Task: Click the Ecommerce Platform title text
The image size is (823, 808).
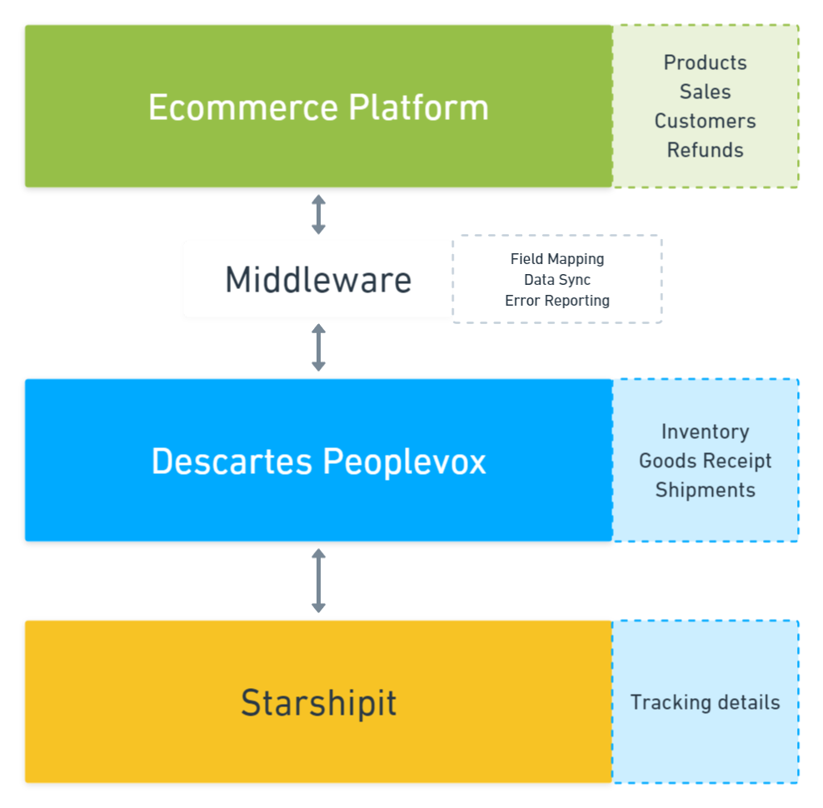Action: [318, 107]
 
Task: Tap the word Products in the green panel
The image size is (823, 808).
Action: [705, 62]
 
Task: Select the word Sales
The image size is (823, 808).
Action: [705, 92]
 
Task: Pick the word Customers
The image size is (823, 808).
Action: [705, 121]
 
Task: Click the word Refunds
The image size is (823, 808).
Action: [705, 150]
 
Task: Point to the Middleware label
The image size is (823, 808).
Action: [318, 280]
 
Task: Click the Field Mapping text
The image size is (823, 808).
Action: [557, 259]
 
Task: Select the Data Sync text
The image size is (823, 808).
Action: [557, 280]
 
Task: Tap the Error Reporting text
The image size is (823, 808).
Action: [557, 301]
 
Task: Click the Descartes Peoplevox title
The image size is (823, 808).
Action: [318, 461]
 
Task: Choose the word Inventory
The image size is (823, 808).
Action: [705, 431]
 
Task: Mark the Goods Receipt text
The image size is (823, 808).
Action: [705, 461]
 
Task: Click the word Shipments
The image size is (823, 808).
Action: [705, 490]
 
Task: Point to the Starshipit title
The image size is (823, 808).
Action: [318, 702]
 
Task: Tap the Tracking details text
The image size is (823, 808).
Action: [705, 702]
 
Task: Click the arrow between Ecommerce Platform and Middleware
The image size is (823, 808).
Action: [318, 214]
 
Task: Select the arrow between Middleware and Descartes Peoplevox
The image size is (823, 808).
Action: [318, 347]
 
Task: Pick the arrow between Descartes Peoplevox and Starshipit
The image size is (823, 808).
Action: [318, 581]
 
